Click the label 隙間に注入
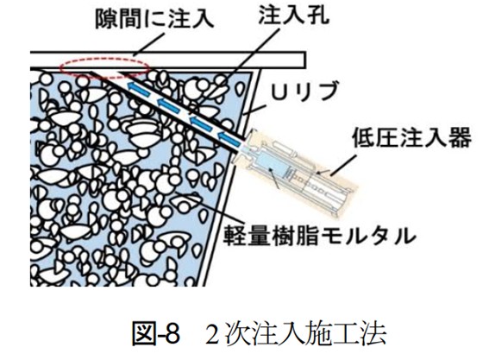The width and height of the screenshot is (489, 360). pyautogui.click(x=154, y=19)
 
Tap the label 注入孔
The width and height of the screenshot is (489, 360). pyautogui.click(x=294, y=15)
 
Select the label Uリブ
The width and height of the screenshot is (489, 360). pyautogui.click(x=304, y=91)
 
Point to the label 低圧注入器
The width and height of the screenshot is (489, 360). pyautogui.click(x=411, y=137)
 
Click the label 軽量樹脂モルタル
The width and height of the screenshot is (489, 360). pyautogui.click(x=319, y=235)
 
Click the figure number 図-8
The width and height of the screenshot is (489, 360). pyautogui.click(x=156, y=334)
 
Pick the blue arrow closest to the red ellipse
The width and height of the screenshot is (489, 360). pyautogui.click(x=139, y=88)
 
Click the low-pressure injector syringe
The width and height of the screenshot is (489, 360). pyautogui.click(x=297, y=172)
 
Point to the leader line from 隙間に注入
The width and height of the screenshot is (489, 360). pyautogui.click(x=148, y=45)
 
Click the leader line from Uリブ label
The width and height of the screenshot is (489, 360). pyautogui.click(x=254, y=110)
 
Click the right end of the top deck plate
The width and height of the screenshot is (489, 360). pyautogui.click(x=305, y=60)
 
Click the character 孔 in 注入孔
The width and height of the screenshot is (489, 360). pyautogui.click(x=318, y=15)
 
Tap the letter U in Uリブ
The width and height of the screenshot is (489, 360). pyautogui.click(x=279, y=91)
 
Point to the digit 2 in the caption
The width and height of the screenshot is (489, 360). pyautogui.click(x=212, y=334)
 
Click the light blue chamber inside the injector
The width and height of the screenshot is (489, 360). pyautogui.click(x=269, y=167)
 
